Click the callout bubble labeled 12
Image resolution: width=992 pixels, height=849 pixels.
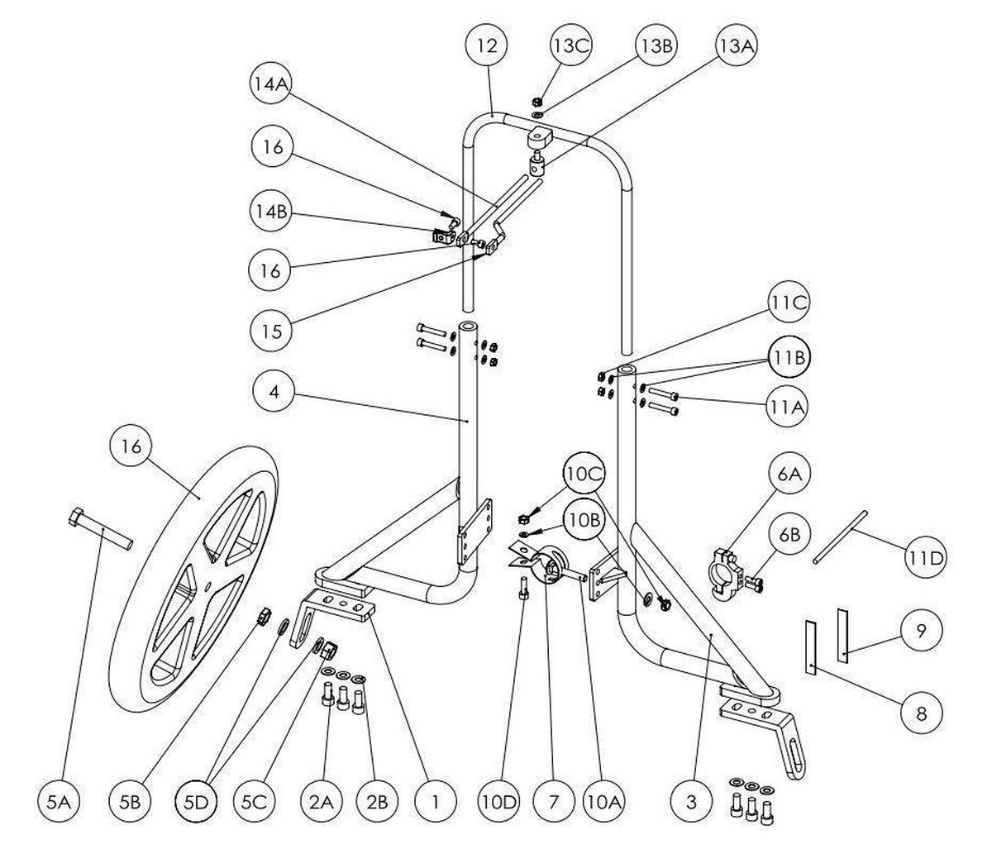pyautogui.click(x=487, y=45)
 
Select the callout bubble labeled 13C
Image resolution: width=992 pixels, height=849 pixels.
pyautogui.click(x=570, y=45)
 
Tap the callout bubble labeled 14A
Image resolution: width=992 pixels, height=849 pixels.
pyautogui.click(x=271, y=84)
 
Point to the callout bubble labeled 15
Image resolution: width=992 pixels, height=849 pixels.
pyautogui.click(x=272, y=331)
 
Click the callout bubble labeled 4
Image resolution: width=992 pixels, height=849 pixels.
pyautogui.click(x=274, y=392)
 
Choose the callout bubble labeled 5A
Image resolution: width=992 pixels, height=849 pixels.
pyautogui.click(x=59, y=802)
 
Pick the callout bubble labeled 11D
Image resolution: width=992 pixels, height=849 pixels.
pyautogui.click(x=925, y=557)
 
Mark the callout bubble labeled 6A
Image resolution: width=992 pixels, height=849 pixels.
pyautogui.click(x=788, y=475)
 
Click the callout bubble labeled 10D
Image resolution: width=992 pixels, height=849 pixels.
pyautogui.click(x=499, y=802)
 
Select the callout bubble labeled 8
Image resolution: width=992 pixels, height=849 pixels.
pyautogui.click(x=922, y=713)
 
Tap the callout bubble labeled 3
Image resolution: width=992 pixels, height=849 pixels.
pyautogui.click(x=691, y=802)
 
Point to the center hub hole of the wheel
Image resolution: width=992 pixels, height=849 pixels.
pyautogui.click(x=207, y=587)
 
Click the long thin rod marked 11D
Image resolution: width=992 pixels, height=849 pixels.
pyautogui.click(x=840, y=537)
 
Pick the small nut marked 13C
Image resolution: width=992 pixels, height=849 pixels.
pyautogui.click(x=537, y=102)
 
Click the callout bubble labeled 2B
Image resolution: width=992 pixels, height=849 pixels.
pyautogui.click(x=378, y=802)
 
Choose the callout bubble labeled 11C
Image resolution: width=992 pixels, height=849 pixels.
pyautogui.click(x=788, y=303)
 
